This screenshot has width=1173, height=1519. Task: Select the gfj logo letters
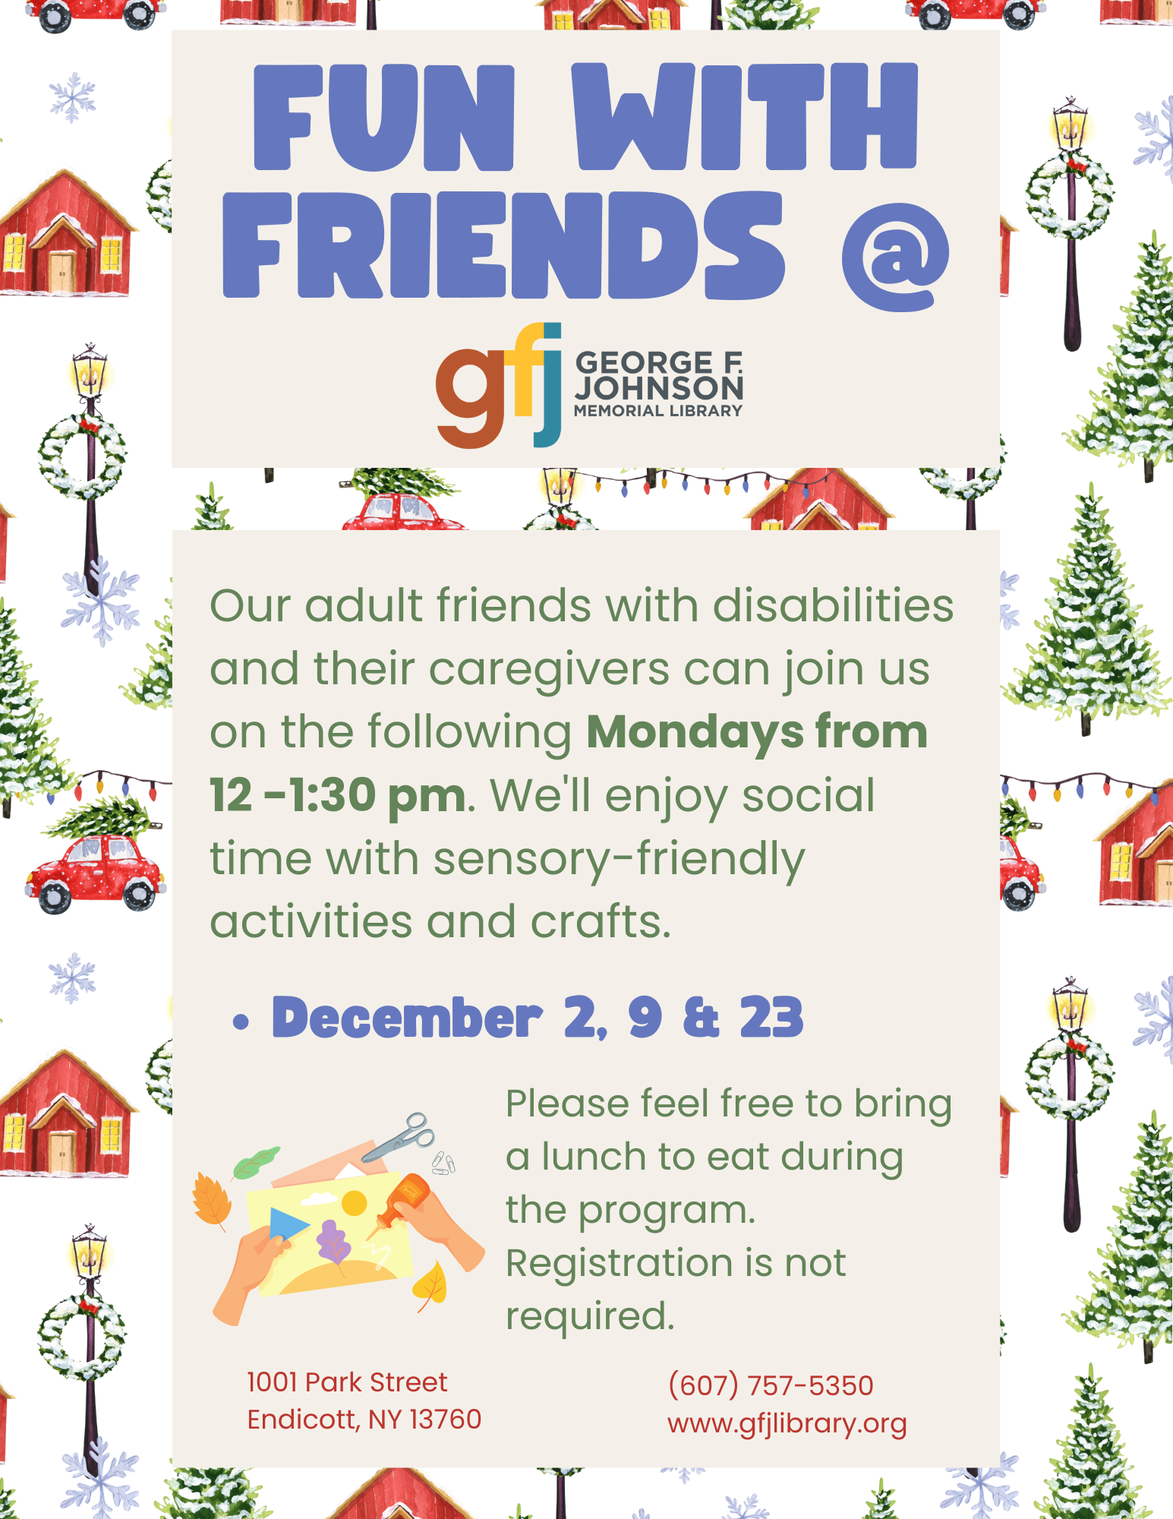pyautogui.click(x=498, y=386)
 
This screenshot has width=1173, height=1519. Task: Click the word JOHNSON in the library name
pyautogui.click(x=659, y=387)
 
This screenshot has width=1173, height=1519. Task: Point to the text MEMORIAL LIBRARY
pyautogui.click(x=658, y=411)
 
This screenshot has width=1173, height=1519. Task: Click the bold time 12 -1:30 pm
pyautogui.click(x=338, y=797)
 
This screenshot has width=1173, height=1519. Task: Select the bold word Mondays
pyautogui.click(x=695, y=733)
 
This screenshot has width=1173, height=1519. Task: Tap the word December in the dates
pyautogui.click(x=407, y=1018)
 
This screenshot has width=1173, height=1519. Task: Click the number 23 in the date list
pyautogui.click(x=771, y=1018)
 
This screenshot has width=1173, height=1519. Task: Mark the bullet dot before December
pyautogui.click(x=241, y=1022)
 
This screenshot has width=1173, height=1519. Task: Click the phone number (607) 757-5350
pyautogui.click(x=771, y=1385)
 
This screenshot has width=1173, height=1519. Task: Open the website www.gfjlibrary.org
pyautogui.click(x=787, y=1423)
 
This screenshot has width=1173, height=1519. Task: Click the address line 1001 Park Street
pyautogui.click(x=347, y=1382)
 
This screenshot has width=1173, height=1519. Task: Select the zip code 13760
pyautogui.click(x=446, y=1419)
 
